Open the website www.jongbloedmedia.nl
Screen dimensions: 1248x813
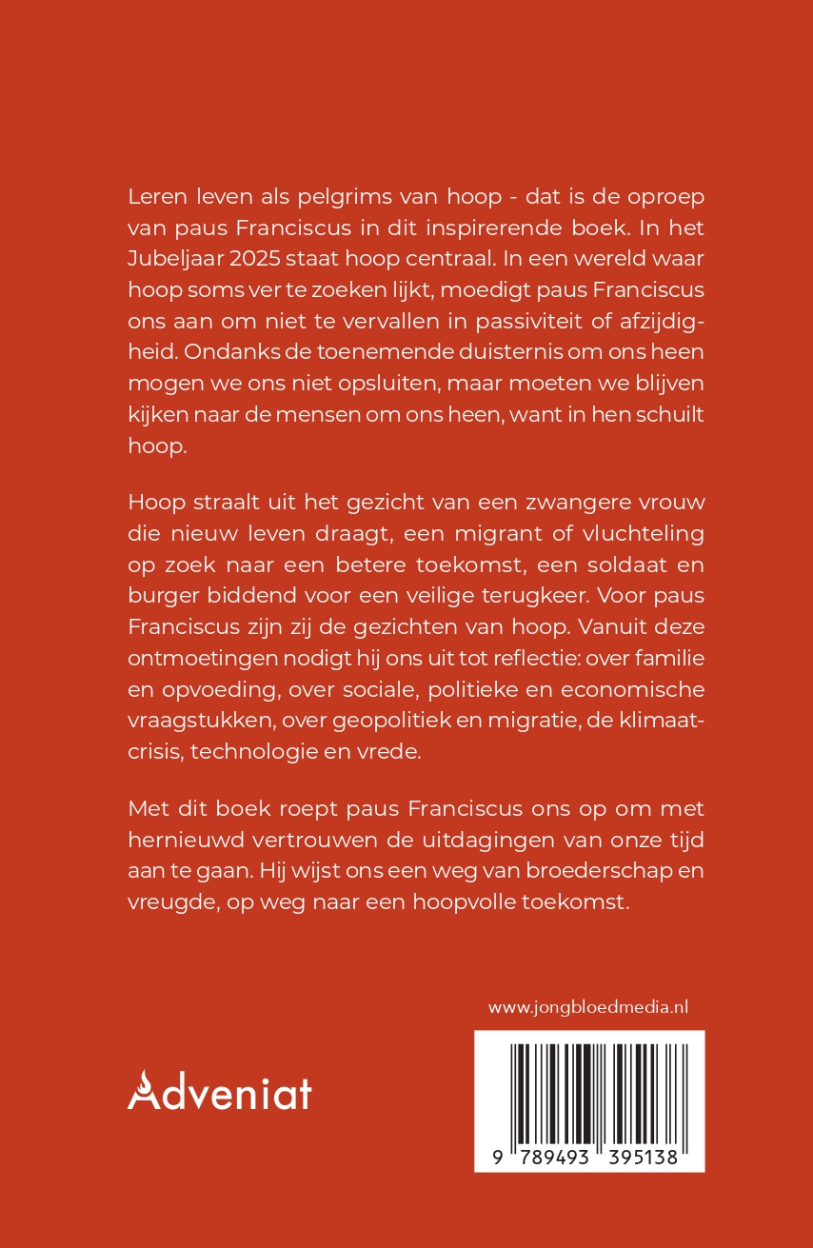(588, 1007)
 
